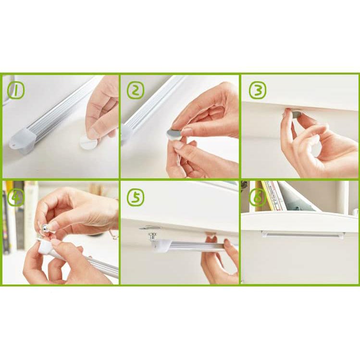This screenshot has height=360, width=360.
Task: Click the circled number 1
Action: pos(15,90)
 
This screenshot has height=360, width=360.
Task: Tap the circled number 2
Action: pos(136,90)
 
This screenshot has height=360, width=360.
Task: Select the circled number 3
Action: pos(258,90)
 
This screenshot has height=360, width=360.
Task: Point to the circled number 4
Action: pos(15,197)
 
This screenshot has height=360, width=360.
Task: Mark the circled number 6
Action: pos(258,198)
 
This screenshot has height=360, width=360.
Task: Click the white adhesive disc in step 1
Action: pos(88,142)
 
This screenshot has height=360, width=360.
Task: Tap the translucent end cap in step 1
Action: pos(23,140)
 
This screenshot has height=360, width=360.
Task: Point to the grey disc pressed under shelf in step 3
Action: pos(296,113)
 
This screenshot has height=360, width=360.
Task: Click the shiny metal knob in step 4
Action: pos(46,228)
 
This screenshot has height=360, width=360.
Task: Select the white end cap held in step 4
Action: pos(46,247)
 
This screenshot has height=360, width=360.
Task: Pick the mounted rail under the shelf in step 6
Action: pos(303,234)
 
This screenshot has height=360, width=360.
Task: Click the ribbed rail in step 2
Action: pos(151,108)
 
